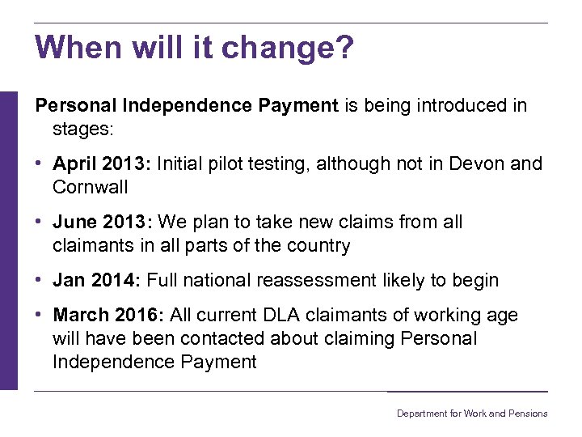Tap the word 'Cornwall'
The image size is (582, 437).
coord(91,187)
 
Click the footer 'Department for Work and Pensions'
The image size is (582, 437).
coord(472,414)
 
